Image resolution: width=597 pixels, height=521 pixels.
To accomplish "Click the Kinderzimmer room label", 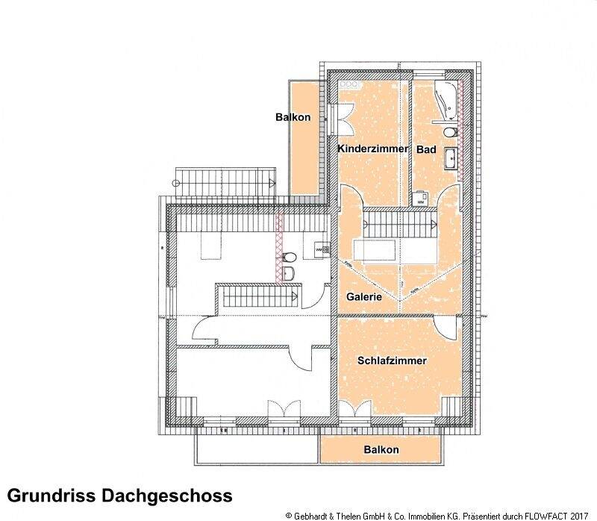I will (373, 149).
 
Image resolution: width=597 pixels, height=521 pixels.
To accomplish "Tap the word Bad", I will (426, 149).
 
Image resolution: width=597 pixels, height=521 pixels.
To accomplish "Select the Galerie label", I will (364, 296).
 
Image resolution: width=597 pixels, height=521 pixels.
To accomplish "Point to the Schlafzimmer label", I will (392, 361).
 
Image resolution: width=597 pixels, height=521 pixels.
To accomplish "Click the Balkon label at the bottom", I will (381, 449).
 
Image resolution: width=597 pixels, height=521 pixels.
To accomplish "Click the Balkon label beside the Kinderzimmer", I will (293, 117).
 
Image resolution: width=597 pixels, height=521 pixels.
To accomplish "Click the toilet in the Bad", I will (448, 132).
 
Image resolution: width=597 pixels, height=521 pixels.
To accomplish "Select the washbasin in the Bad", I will (450, 157).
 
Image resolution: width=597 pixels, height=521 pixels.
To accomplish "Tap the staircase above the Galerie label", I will (400, 222).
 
